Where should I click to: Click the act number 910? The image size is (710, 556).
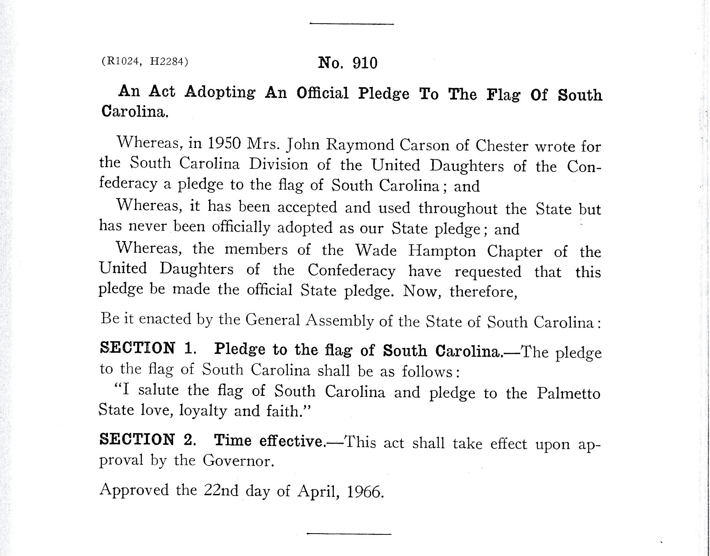coord(365,63)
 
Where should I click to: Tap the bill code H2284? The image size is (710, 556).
coord(166,62)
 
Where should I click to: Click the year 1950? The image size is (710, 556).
coord(224,143)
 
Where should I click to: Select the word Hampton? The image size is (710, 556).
coord(442,251)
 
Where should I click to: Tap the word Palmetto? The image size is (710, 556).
coord(568,394)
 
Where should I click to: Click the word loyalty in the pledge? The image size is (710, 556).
coord(203,411)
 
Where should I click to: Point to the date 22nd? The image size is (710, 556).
coord(221,490)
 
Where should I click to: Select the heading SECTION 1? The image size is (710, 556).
coord(148,348)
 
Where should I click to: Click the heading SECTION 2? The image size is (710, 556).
coord(148,440)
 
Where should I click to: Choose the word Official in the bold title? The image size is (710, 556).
coord(323,93)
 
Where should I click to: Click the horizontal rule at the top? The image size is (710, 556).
coord(352,24)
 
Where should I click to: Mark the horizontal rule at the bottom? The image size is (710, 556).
coord(349,534)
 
